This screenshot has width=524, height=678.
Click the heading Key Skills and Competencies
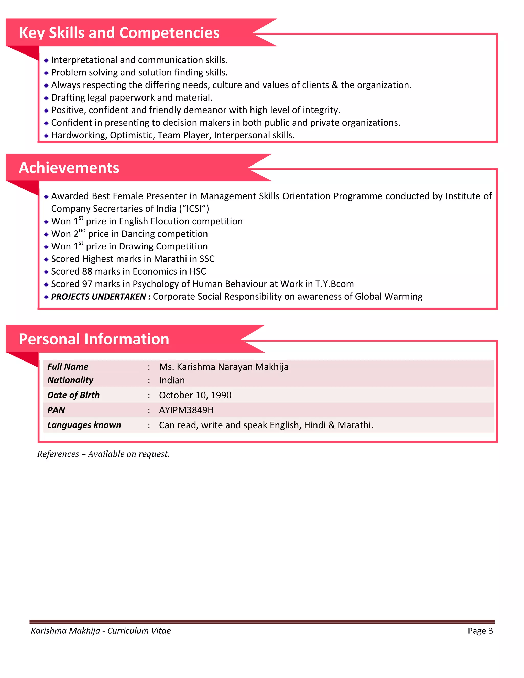pyautogui.click(x=119, y=33)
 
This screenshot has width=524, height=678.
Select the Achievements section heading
pyautogui.click(x=69, y=168)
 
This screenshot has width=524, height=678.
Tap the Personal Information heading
pyautogui.click(x=94, y=339)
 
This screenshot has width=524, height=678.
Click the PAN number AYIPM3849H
pyautogui.click(x=186, y=410)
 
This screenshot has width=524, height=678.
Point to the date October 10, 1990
pyautogui.click(x=195, y=395)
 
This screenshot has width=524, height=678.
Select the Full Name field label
pyautogui.click(x=68, y=367)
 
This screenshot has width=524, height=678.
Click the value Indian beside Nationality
pyautogui.click(x=172, y=380)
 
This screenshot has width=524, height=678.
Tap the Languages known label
pyautogui.click(x=84, y=425)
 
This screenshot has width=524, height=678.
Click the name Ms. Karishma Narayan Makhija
pyautogui.click(x=224, y=367)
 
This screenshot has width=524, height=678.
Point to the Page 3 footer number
pyautogui.click(x=480, y=631)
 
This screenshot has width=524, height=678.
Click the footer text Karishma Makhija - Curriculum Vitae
pyautogui.click(x=101, y=631)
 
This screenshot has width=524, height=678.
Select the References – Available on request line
pyautogui.click(x=103, y=454)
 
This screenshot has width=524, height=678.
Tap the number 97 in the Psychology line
pyautogui.click(x=87, y=284)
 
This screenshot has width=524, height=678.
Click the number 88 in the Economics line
pyautogui.click(x=87, y=272)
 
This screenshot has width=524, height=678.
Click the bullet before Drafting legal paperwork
pyautogui.click(x=46, y=98)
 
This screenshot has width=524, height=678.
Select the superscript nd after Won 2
pyautogui.click(x=82, y=230)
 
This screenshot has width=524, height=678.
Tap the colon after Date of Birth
pyautogui.click(x=149, y=396)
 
